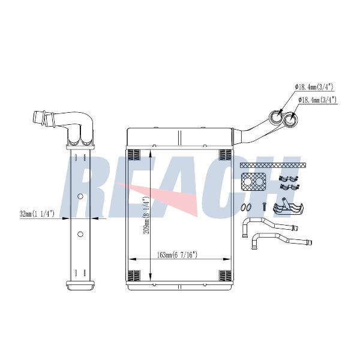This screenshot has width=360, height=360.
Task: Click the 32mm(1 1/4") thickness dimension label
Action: pos(37,214)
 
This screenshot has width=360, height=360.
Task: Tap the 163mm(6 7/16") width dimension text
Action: pos(177,255)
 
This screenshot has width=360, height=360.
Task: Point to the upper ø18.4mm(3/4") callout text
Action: pos(314,86)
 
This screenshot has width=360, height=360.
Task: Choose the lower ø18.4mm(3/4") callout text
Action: pos(317,100)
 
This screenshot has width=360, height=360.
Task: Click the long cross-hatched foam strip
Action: pos(273,165)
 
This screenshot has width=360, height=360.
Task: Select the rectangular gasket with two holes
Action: pos(253,182)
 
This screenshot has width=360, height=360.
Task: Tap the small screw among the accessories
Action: pos(264,207)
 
